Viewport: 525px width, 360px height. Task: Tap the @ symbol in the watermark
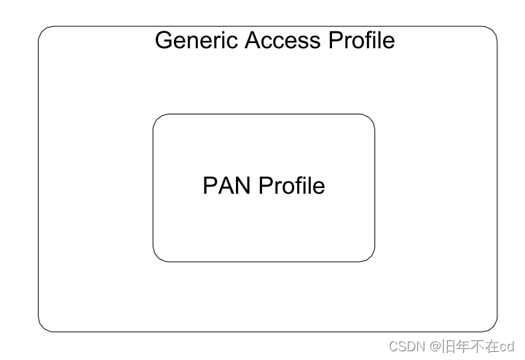tap(435, 345)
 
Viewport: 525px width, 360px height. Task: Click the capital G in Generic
tap(164, 39)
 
